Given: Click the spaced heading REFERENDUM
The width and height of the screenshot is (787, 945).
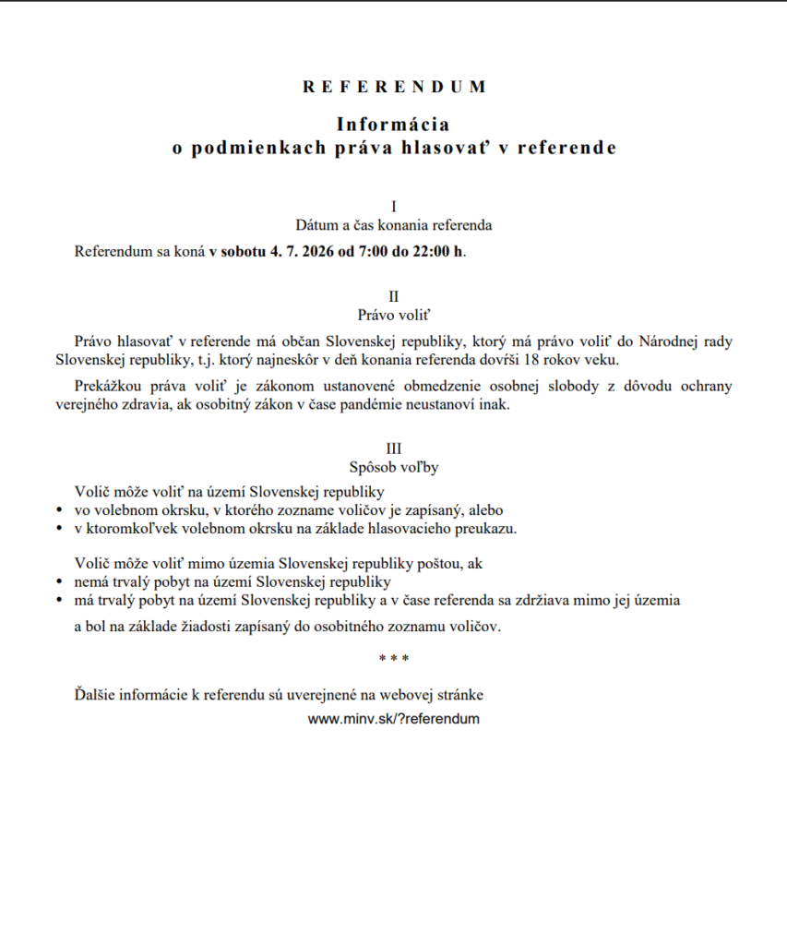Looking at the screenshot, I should coord(394,87).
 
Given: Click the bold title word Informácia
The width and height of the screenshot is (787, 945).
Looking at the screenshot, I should coord(393,124).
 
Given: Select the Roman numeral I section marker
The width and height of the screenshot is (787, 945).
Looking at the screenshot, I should coord(394,206).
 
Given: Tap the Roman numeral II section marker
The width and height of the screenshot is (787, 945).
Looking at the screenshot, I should coord(394,296).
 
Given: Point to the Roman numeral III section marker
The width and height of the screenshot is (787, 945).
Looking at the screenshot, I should coord(394,449).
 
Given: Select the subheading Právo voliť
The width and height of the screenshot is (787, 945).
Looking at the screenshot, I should coord(394,315).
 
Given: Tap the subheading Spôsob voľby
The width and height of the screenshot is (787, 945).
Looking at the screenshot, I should coord(394,467).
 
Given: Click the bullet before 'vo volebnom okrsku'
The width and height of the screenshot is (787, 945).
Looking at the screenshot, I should coord(59,510).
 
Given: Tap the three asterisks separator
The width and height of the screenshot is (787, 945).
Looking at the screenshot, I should coord(394,659).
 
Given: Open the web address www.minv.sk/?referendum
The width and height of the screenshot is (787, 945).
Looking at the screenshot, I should coord(394,719).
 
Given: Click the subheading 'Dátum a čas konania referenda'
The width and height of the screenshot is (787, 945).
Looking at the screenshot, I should coord(394,224).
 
